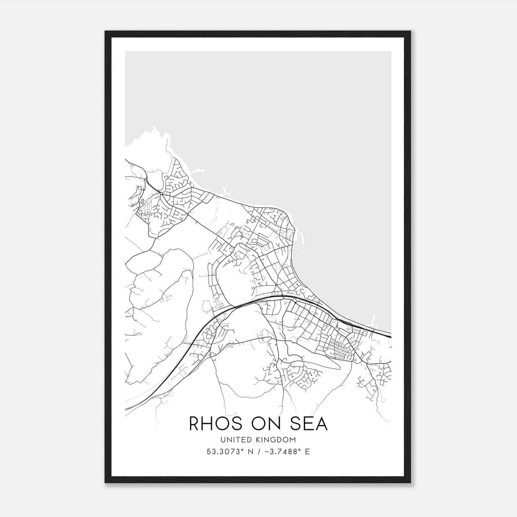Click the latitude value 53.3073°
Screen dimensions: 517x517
click(x=224, y=452)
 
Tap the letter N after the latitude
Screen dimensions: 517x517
click(x=250, y=452)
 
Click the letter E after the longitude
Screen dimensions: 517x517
click(x=307, y=452)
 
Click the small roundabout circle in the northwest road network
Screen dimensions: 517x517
click(x=161, y=193)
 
